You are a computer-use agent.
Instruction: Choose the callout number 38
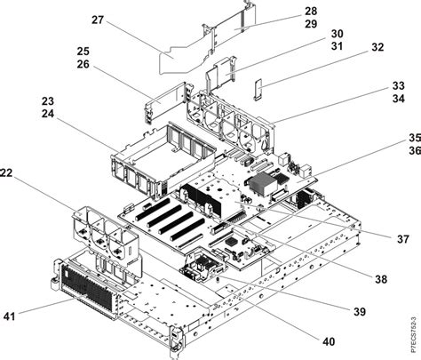coord(382,278)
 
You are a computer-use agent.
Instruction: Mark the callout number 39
coord(360,311)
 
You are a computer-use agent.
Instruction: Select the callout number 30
coord(313,34)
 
